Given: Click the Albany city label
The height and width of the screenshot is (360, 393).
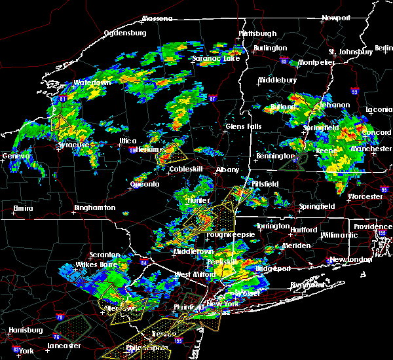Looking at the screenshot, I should tap(228, 170).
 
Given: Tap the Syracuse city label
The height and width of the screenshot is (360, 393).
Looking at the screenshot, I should tap(73, 144).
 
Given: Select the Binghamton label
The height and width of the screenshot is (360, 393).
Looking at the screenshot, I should tap(94, 207).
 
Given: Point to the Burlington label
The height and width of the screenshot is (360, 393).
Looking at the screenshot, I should tap(271, 48).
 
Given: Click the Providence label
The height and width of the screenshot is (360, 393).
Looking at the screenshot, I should tap(372, 226).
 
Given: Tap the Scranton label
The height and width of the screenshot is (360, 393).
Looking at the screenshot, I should tap(105, 255).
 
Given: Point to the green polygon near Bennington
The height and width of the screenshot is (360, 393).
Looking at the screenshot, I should tap(291, 162).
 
